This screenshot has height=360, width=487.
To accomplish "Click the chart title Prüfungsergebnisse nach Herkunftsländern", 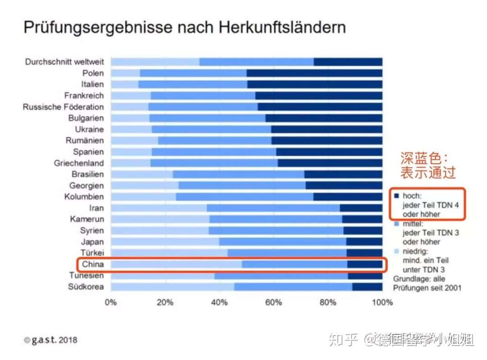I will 184,28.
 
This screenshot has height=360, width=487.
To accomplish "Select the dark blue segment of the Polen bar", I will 314,73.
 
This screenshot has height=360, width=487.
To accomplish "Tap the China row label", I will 93,264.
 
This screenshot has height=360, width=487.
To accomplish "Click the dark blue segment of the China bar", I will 364,264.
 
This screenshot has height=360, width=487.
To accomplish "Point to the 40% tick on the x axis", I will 219,302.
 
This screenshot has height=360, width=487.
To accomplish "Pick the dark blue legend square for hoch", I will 397,196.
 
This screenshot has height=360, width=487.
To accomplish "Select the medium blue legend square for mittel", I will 397,224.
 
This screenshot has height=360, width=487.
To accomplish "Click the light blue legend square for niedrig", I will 397,251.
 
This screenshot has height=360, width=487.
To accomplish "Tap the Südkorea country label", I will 86,287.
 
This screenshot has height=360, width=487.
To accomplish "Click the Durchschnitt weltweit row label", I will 64,62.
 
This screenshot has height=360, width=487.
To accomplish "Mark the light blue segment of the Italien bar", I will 124,84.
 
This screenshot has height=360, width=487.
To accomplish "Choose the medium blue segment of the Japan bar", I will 282,242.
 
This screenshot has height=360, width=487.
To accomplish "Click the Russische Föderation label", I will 64,107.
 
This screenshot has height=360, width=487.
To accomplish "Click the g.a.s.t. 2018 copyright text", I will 51,340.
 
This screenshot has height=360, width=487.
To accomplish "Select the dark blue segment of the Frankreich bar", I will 318,96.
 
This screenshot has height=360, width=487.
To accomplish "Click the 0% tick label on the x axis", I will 111,302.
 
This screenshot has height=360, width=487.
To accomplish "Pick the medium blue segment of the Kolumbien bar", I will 244,197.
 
